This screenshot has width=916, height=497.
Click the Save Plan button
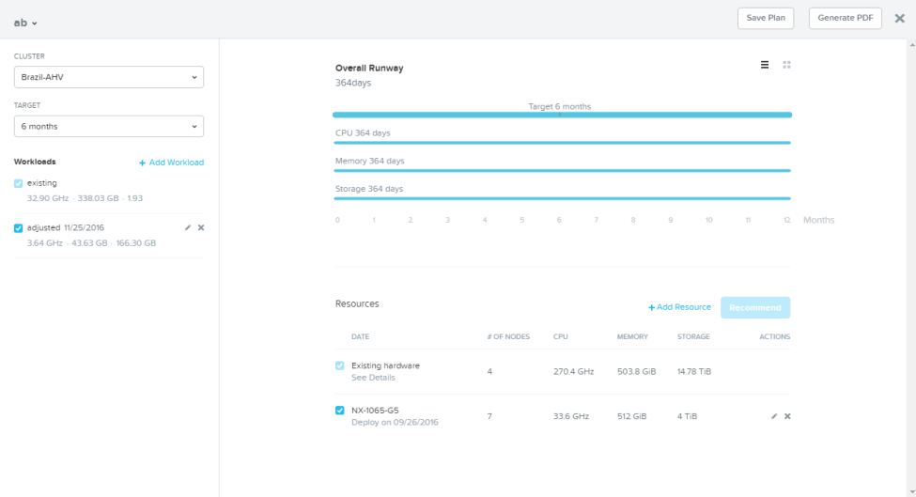point(766,18)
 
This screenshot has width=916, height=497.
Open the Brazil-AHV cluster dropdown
point(109,77)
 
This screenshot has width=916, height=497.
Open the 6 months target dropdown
point(109,126)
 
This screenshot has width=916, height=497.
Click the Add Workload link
point(171,163)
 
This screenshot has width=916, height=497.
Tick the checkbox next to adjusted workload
point(18,227)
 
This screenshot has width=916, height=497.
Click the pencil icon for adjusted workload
point(188,227)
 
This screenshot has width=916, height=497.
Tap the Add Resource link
point(679,307)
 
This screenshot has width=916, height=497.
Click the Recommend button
point(755,308)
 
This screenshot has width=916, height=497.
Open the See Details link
point(373,378)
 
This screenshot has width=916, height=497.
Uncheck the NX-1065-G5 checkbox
point(339,411)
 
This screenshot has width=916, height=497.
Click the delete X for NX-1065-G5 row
point(787,416)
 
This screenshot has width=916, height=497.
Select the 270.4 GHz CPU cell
point(574,371)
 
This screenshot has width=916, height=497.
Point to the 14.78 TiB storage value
point(694,371)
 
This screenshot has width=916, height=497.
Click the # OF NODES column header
point(508,337)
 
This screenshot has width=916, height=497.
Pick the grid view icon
point(787,65)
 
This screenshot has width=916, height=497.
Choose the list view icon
point(765,65)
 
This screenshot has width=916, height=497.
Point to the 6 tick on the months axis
point(559,220)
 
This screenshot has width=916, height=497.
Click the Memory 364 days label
point(370,161)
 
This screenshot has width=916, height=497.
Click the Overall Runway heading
point(369,68)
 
